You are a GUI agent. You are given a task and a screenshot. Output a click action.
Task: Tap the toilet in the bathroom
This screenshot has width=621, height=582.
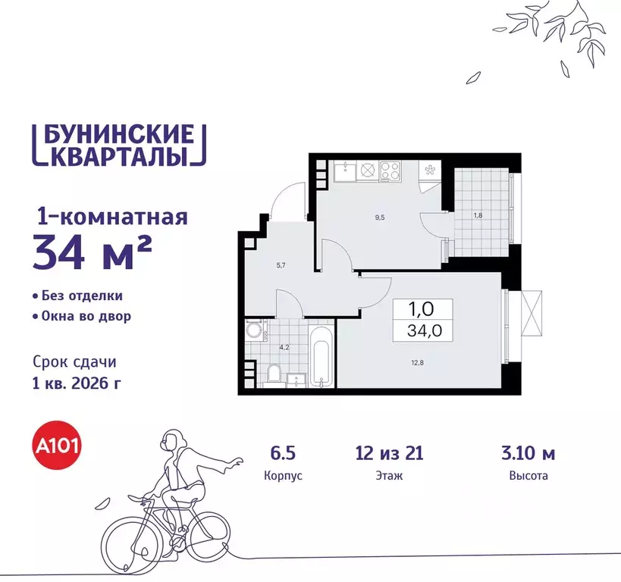(274, 372)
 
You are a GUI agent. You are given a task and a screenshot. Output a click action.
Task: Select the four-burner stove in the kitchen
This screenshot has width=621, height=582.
(390, 171)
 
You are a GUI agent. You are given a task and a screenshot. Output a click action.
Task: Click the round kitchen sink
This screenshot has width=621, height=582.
(367, 171)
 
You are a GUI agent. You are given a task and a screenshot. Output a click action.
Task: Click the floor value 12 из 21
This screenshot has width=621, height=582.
(388, 454)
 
